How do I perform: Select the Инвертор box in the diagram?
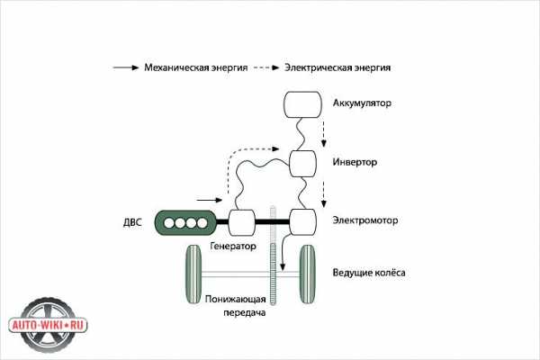click(304, 164)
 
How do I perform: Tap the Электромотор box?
click(304, 221)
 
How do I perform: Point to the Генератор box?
click(243, 221)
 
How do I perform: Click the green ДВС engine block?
click(185, 221)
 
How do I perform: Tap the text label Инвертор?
click(355, 163)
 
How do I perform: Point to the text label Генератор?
click(233, 246)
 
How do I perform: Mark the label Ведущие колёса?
click(369, 271)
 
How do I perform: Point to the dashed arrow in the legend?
click(264, 67)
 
